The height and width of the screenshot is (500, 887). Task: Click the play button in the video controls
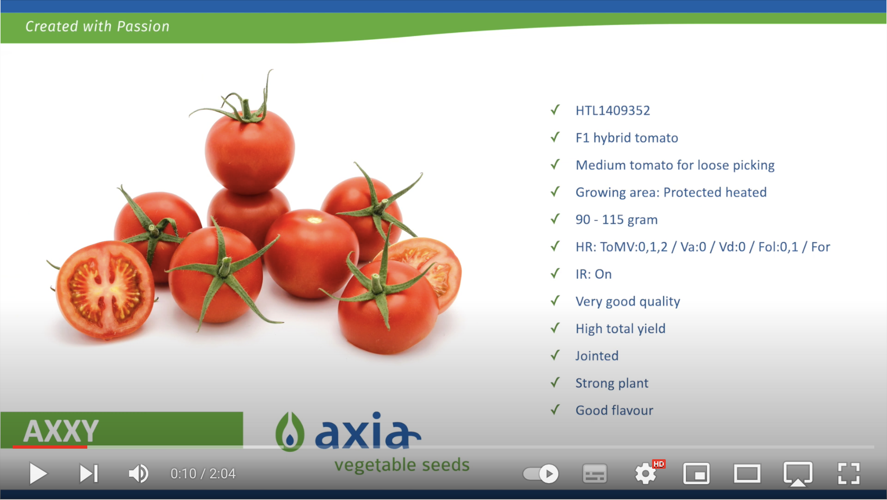point(38,474)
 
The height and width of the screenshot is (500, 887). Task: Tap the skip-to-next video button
point(89,474)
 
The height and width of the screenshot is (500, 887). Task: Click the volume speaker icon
point(139,474)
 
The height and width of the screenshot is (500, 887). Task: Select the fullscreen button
point(849,474)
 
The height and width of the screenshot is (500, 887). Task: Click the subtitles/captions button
point(595,474)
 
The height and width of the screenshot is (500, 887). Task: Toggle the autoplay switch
point(541,474)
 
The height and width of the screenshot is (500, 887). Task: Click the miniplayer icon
point(696,474)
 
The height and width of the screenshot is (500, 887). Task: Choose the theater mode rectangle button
point(747,474)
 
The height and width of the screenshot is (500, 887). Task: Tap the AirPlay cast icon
point(798,474)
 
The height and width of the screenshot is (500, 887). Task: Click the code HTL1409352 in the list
point(612,111)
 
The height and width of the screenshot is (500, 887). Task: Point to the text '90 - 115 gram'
point(616,219)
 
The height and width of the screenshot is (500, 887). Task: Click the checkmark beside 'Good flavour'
point(556,409)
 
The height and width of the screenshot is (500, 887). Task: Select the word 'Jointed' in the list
point(597,356)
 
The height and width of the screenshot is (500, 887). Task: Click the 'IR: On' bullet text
point(593,274)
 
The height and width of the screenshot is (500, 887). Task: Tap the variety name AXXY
point(60,431)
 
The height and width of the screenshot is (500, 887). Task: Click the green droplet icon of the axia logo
point(290,432)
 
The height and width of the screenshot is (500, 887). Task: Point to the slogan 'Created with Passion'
point(97,26)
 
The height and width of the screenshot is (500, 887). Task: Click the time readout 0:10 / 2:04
point(203,474)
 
